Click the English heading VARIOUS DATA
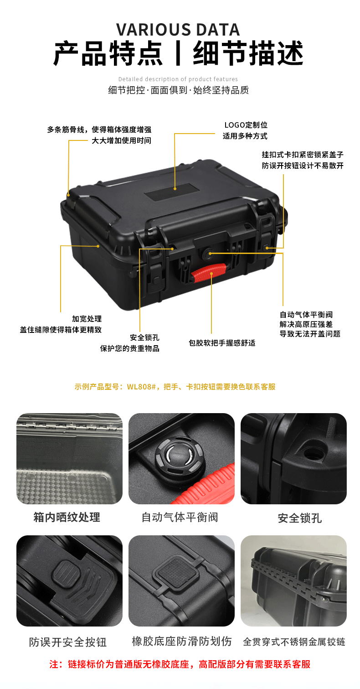[x=178, y=30]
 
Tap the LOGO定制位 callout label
[x=246, y=125]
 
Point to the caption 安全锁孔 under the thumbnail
[x=300, y=518]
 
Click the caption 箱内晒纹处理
[x=67, y=518]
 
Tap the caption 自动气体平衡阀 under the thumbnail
[x=180, y=518]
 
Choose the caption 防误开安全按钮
[x=68, y=642]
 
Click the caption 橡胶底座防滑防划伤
[x=182, y=642]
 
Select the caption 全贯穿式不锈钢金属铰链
[x=294, y=642]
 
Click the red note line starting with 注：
[x=180, y=664]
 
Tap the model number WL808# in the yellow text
[x=142, y=387]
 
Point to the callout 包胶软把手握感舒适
[x=222, y=343]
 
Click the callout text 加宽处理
[x=87, y=319]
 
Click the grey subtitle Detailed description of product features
[x=178, y=79]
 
